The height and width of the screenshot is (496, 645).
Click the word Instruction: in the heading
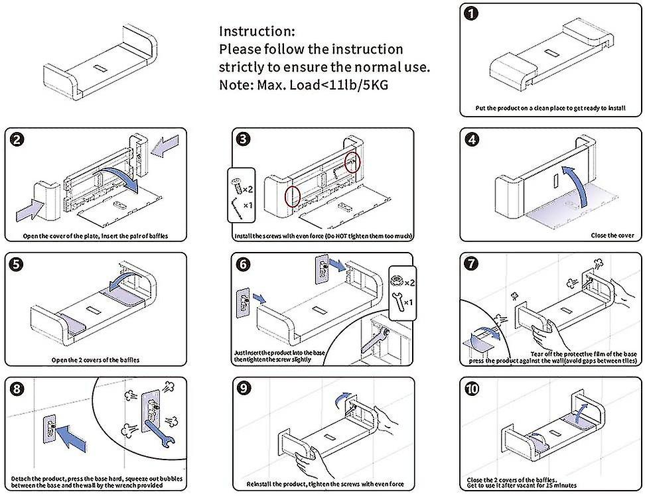pyautogui.click(x=257, y=31)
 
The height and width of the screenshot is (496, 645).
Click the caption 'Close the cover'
pyautogui.click(x=612, y=235)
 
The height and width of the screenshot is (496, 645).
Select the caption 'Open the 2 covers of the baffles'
pyautogui.click(x=96, y=360)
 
